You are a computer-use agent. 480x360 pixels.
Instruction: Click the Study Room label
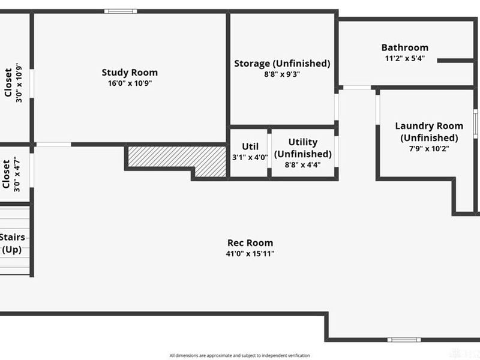[x=130, y=73]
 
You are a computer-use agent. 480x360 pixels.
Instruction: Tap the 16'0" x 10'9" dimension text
[x=130, y=83]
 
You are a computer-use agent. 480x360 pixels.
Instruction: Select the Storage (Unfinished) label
[x=282, y=64]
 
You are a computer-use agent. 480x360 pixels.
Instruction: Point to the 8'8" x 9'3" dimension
[x=282, y=74]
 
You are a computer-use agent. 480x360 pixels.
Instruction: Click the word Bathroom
[x=404, y=47]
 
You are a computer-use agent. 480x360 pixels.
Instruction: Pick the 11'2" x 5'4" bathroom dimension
[x=404, y=58]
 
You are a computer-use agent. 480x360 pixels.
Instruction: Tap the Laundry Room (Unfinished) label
[x=429, y=131]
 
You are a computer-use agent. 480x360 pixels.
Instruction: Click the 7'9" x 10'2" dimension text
[x=429, y=149]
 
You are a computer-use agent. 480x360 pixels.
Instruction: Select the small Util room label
[x=250, y=146]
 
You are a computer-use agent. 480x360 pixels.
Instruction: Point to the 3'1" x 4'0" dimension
[x=250, y=157]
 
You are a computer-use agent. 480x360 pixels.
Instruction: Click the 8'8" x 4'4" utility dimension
[x=302, y=164]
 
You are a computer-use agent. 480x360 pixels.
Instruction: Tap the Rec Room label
[x=250, y=243]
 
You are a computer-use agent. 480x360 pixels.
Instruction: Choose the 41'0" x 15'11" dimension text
[x=250, y=253]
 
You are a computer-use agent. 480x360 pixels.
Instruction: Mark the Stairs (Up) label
[x=12, y=243]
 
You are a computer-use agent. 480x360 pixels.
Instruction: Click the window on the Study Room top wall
[x=121, y=11]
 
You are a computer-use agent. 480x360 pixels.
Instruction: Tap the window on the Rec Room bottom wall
[x=404, y=340]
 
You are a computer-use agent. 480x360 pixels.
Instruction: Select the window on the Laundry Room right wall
[x=475, y=124]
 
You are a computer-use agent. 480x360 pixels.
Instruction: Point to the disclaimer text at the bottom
[x=239, y=355]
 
